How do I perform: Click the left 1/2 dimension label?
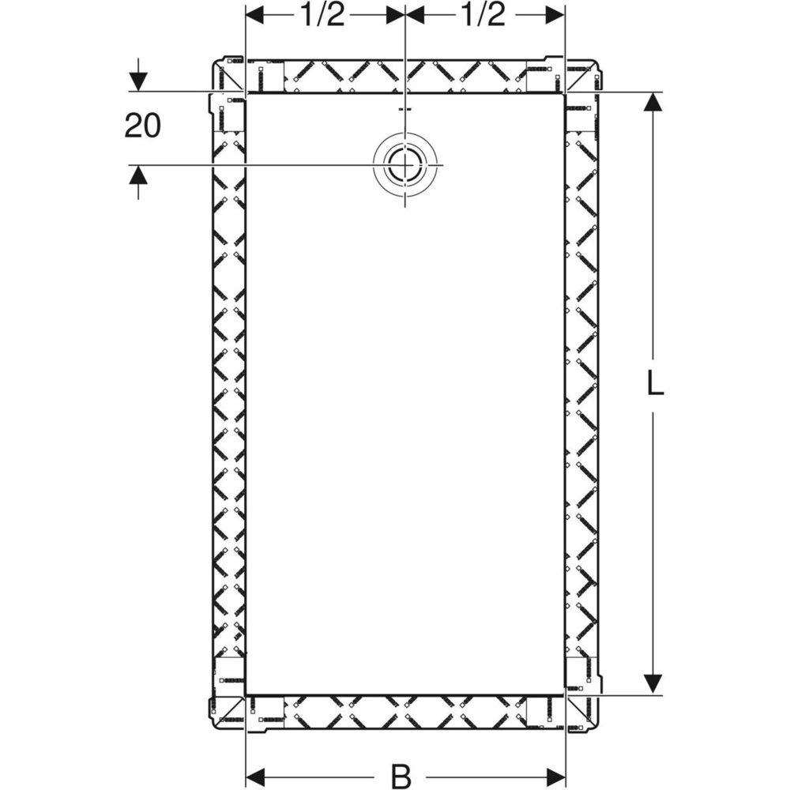pos(322,16)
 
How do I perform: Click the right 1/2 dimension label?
pos(483,16)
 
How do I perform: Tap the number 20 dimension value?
pos(142,126)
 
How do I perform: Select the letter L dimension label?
pos(654,385)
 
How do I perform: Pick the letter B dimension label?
pos(401,777)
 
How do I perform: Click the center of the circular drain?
pos(404,165)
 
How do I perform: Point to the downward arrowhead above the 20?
pos(138,81)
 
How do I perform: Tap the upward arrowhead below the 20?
pos(138,175)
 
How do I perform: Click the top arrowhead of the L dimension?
pos(653,102)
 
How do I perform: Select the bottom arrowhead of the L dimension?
pos(653,685)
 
